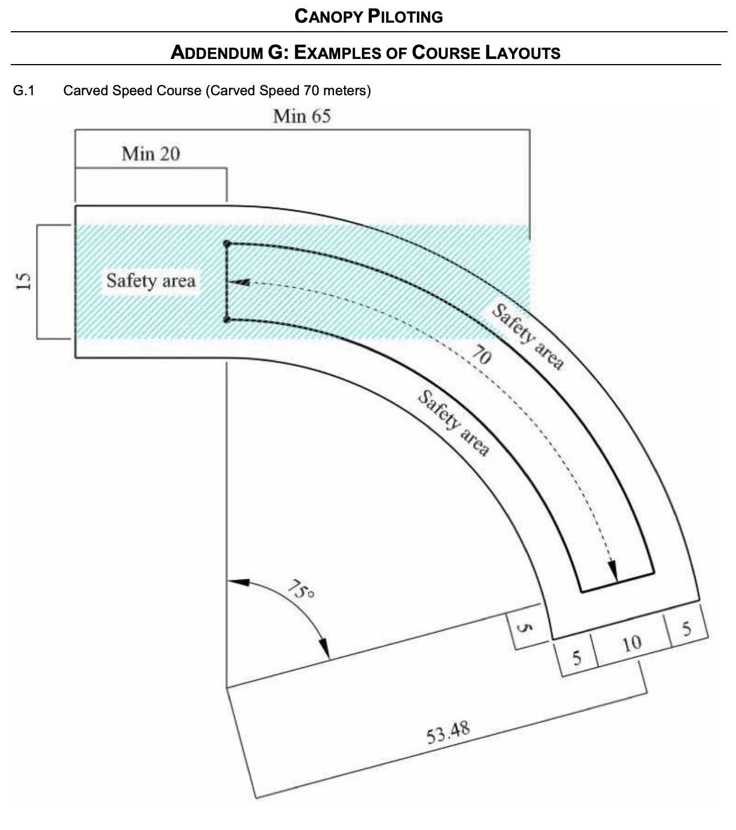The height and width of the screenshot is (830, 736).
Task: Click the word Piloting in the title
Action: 405,16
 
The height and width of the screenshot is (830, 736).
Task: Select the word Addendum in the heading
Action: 217,53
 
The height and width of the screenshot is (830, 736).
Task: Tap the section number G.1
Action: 24,91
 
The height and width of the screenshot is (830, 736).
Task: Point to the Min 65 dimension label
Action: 302,116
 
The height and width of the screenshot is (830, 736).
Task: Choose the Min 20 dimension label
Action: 151,154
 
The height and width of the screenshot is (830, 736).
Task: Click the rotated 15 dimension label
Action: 23,281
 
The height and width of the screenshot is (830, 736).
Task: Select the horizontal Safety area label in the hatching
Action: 151,281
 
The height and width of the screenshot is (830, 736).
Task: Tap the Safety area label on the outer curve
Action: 528,336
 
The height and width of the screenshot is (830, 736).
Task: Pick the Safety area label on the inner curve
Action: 454,422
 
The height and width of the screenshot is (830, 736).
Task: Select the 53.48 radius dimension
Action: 448,732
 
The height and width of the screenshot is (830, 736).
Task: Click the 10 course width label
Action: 632,643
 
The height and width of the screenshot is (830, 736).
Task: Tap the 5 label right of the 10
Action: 687,628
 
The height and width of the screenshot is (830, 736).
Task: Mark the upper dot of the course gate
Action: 227,244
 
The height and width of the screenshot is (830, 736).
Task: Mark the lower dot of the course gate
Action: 227,319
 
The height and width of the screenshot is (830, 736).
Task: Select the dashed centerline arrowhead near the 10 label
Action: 612,571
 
